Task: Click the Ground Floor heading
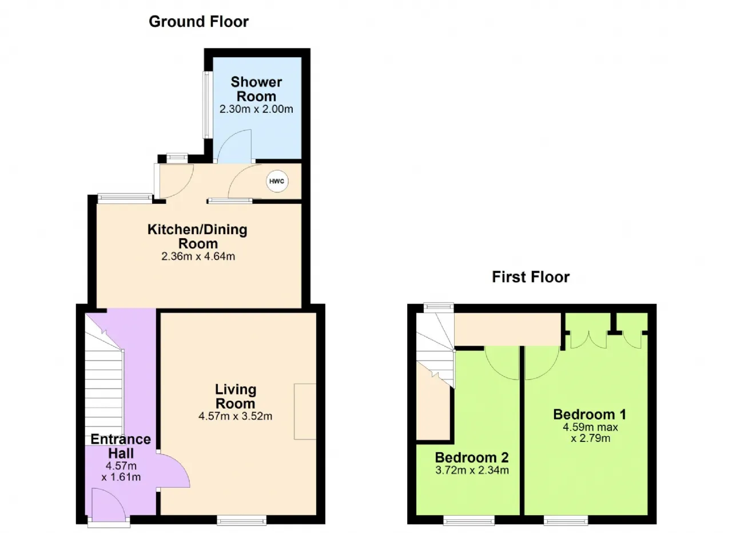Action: click(198, 22)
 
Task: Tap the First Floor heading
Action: click(531, 277)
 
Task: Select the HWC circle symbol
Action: click(277, 181)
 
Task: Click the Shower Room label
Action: click(256, 89)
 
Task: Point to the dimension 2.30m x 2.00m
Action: click(256, 109)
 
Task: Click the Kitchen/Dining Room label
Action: click(197, 236)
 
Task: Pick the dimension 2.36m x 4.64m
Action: click(198, 256)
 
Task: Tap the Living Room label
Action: click(235, 396)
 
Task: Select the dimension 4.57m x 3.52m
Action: click(235, 416)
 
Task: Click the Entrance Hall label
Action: click(121, 447)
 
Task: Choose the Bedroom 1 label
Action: click(590, 414)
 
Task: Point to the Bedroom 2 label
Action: click(472, 457)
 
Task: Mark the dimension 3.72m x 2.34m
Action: click(472, 470)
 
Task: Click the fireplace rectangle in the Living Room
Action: click(305, 411)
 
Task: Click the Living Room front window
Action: click(241, 520)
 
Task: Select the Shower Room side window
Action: click(206, 105)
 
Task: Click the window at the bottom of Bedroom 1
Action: click(566, 520)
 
